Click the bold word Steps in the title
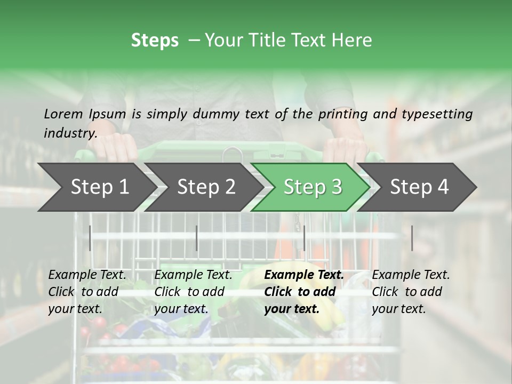point(155,41)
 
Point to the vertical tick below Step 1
point(90,238)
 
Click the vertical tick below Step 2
point(197,238)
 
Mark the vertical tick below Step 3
point(304,238)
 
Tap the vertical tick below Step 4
point(412,238)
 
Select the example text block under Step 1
point(87,292)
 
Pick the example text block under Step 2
point(193,292)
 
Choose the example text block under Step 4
point(411,292)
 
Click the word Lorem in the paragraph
point(63,114)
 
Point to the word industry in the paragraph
point(70,133)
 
